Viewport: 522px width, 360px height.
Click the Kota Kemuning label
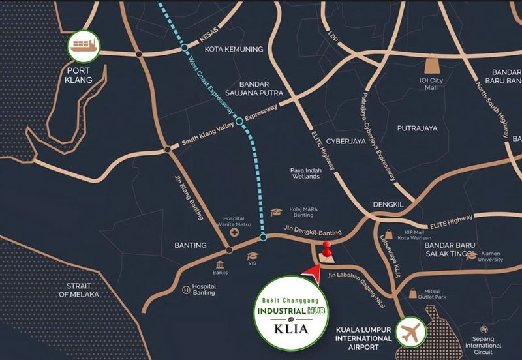click(x=233, y=50)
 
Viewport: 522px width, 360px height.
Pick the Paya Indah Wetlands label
click(x=304, y=173)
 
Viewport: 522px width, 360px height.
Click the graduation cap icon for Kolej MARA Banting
click(x=276, y=212)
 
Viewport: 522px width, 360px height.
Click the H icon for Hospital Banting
click(x=187, y=289)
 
